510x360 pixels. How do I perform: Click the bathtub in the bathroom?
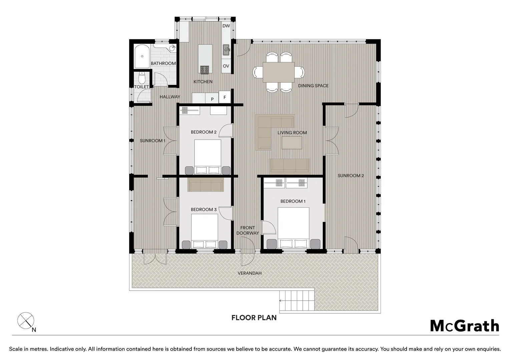click(x=142, y=56)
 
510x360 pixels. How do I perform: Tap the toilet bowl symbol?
click(x=142, y=78)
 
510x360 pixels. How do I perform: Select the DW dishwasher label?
click(x=226, y=26)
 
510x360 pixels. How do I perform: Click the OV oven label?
click(x=226, y=66)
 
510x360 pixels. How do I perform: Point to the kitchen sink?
click(x=226, y=50)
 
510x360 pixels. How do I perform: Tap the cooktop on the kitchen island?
click(x=205, y=69)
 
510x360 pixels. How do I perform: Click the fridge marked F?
click(x=225, y=97)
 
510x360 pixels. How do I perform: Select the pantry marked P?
click(x=212, y=99)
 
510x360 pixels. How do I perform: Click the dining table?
click(x=279, y=72)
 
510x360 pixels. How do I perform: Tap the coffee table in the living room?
click(x=292, y=143)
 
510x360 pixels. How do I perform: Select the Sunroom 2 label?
click(x=351, y=176)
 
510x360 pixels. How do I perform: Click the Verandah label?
click(x=249, y=273)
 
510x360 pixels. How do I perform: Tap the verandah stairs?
click(x=297, y=301)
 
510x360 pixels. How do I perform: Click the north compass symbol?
click(x=26, y=320)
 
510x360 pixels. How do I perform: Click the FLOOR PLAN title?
click(x=254, y=318)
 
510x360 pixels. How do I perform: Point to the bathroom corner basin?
click(x=172, y=48)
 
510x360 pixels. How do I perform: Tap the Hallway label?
click(x=170, y=97)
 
